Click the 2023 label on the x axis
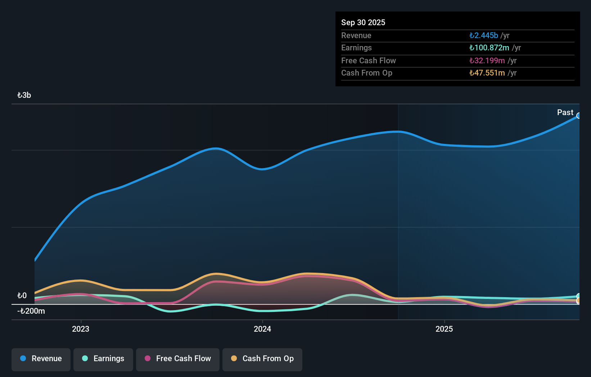pyautogui.click(x=81, y=329)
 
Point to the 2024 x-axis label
pyautogui.click(x=262, y=329)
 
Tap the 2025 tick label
pyautogui.click(x=444, y=329)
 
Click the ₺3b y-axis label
pyautogui.click(x=24, y=95)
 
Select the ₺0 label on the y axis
pyautogui.click(x=22, y=296)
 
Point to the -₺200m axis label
pyautogui.click(x=31, y=311)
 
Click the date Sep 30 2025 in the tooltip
pyautogui.click(x=363, y=22)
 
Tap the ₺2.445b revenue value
pyautogui.click(x=484, y=35)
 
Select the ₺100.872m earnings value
pyautogui.click(x=489, y=48)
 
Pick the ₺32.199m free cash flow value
pyautogui.click(x=487, y=60)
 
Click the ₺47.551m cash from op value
pyautogui.click(x=487, y=73)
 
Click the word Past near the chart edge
pyautogui.click(x=565, y=113)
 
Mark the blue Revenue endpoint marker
pyautogui.click(x=579, y=116)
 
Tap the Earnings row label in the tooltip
pyautogui.click(x=356, y=48)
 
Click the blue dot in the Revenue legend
pyautogui.click(x=23, y=358)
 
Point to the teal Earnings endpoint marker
pyautogui.click(x=579, y=296)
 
